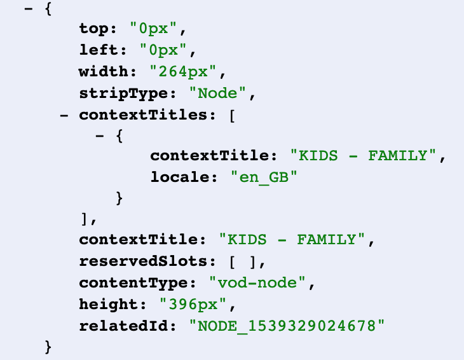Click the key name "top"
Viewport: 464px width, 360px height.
coord(97,29)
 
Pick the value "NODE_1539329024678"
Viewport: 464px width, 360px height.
coord(287,326)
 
